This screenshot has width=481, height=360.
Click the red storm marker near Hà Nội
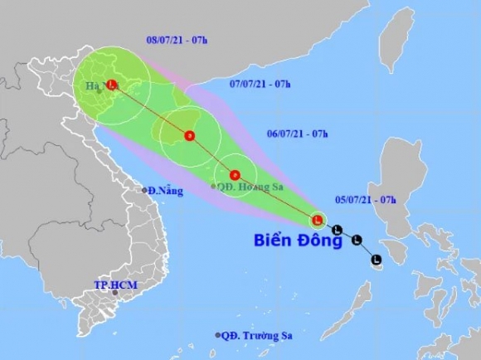(x=112, y=84)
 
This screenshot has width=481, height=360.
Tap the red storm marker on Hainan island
(x=189, y=135)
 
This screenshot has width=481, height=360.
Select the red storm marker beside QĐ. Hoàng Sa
(x=236, y=175)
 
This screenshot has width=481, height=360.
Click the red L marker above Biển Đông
(x=317, y=221)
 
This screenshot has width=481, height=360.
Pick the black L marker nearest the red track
(x=337, y=230)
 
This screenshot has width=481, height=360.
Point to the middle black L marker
(x=356, y=241)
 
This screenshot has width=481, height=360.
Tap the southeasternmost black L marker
(x=376, y=260)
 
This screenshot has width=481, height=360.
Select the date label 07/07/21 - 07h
(x=259, y=85)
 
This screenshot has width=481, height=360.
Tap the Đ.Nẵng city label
(x=166, y=190)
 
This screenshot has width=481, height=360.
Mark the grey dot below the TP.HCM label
(x=115, y=293)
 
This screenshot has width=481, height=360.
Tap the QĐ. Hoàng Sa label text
(x=246, y=187)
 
